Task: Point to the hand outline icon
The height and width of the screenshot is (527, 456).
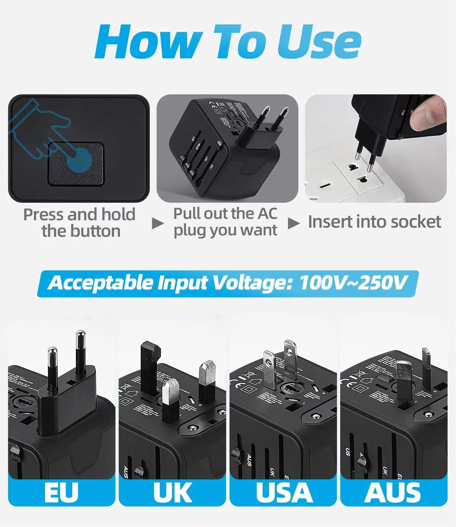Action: pos(39,126)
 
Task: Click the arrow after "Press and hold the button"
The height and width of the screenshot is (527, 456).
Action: pos(157,223)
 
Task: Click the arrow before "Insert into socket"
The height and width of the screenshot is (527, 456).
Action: pos(294,223)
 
